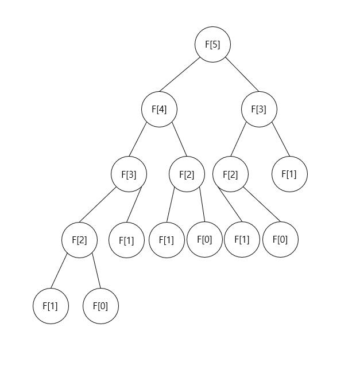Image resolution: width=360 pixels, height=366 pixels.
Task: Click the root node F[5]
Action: click(212, 44)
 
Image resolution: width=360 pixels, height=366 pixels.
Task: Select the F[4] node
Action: click(159, 109)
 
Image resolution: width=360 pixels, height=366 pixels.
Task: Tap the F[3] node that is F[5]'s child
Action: click(259, 109)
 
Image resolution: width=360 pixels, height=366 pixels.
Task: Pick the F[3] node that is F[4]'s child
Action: click(129, 174)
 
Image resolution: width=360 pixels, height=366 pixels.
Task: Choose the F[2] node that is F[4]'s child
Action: click(187, 174)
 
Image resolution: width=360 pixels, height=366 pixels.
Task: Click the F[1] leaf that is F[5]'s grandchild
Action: click(289, 174)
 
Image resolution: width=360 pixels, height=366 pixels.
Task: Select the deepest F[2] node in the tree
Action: click(79, 239)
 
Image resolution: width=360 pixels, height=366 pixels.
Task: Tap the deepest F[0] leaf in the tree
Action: click(100, 306)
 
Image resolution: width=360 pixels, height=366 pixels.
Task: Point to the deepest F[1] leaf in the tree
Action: click(51, 306)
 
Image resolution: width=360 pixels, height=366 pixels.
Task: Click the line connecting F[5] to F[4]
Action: click(185, 77)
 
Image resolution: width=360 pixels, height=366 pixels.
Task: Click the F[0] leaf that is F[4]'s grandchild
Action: click(204, 239)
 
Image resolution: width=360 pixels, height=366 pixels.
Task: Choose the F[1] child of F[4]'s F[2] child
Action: click(167, 239)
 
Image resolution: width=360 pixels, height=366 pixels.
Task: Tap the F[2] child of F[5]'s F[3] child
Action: click(230, 174)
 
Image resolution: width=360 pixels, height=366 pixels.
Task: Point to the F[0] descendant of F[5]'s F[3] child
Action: click(280, 239)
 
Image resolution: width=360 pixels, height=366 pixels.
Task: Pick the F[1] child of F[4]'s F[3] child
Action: click(126, 239)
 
